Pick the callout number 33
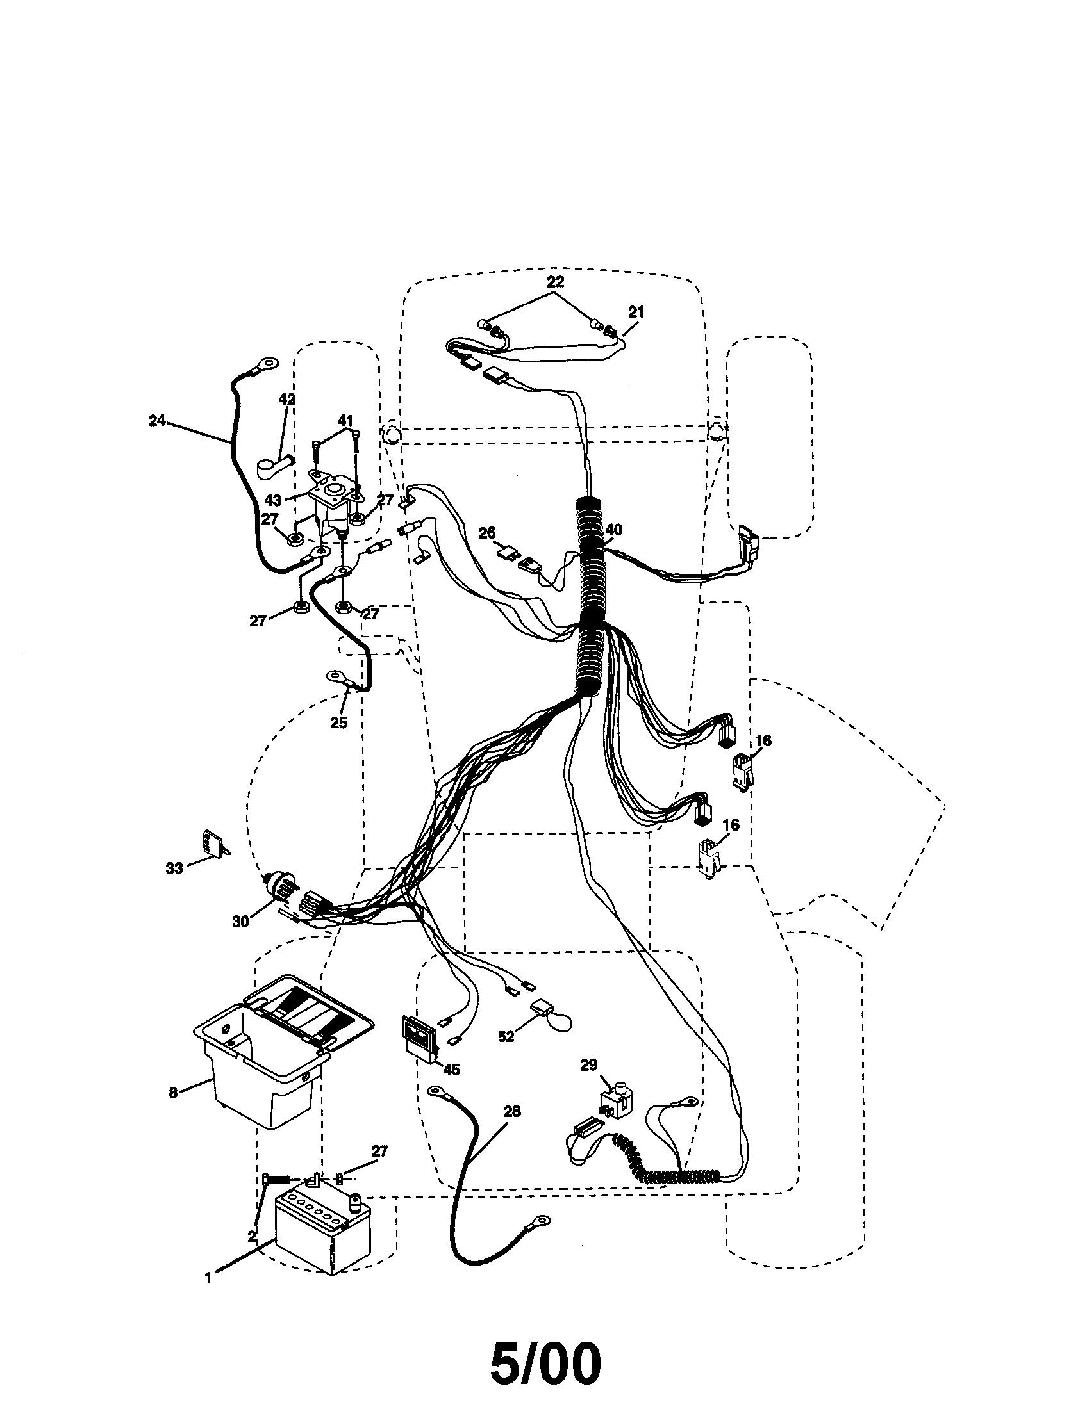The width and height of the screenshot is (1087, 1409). tap(174, 868)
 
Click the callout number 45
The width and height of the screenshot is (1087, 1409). tap(451, 1070)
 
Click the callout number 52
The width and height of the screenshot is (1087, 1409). tap(506, 1037)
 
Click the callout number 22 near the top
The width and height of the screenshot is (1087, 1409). tap(555, 282)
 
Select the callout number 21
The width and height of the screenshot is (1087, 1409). tap(636, 312)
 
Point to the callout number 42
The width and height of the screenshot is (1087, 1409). tap(286, 400)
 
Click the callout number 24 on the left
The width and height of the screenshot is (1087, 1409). tap(157, 421)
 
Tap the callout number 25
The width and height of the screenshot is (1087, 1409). tap(338, 722)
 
